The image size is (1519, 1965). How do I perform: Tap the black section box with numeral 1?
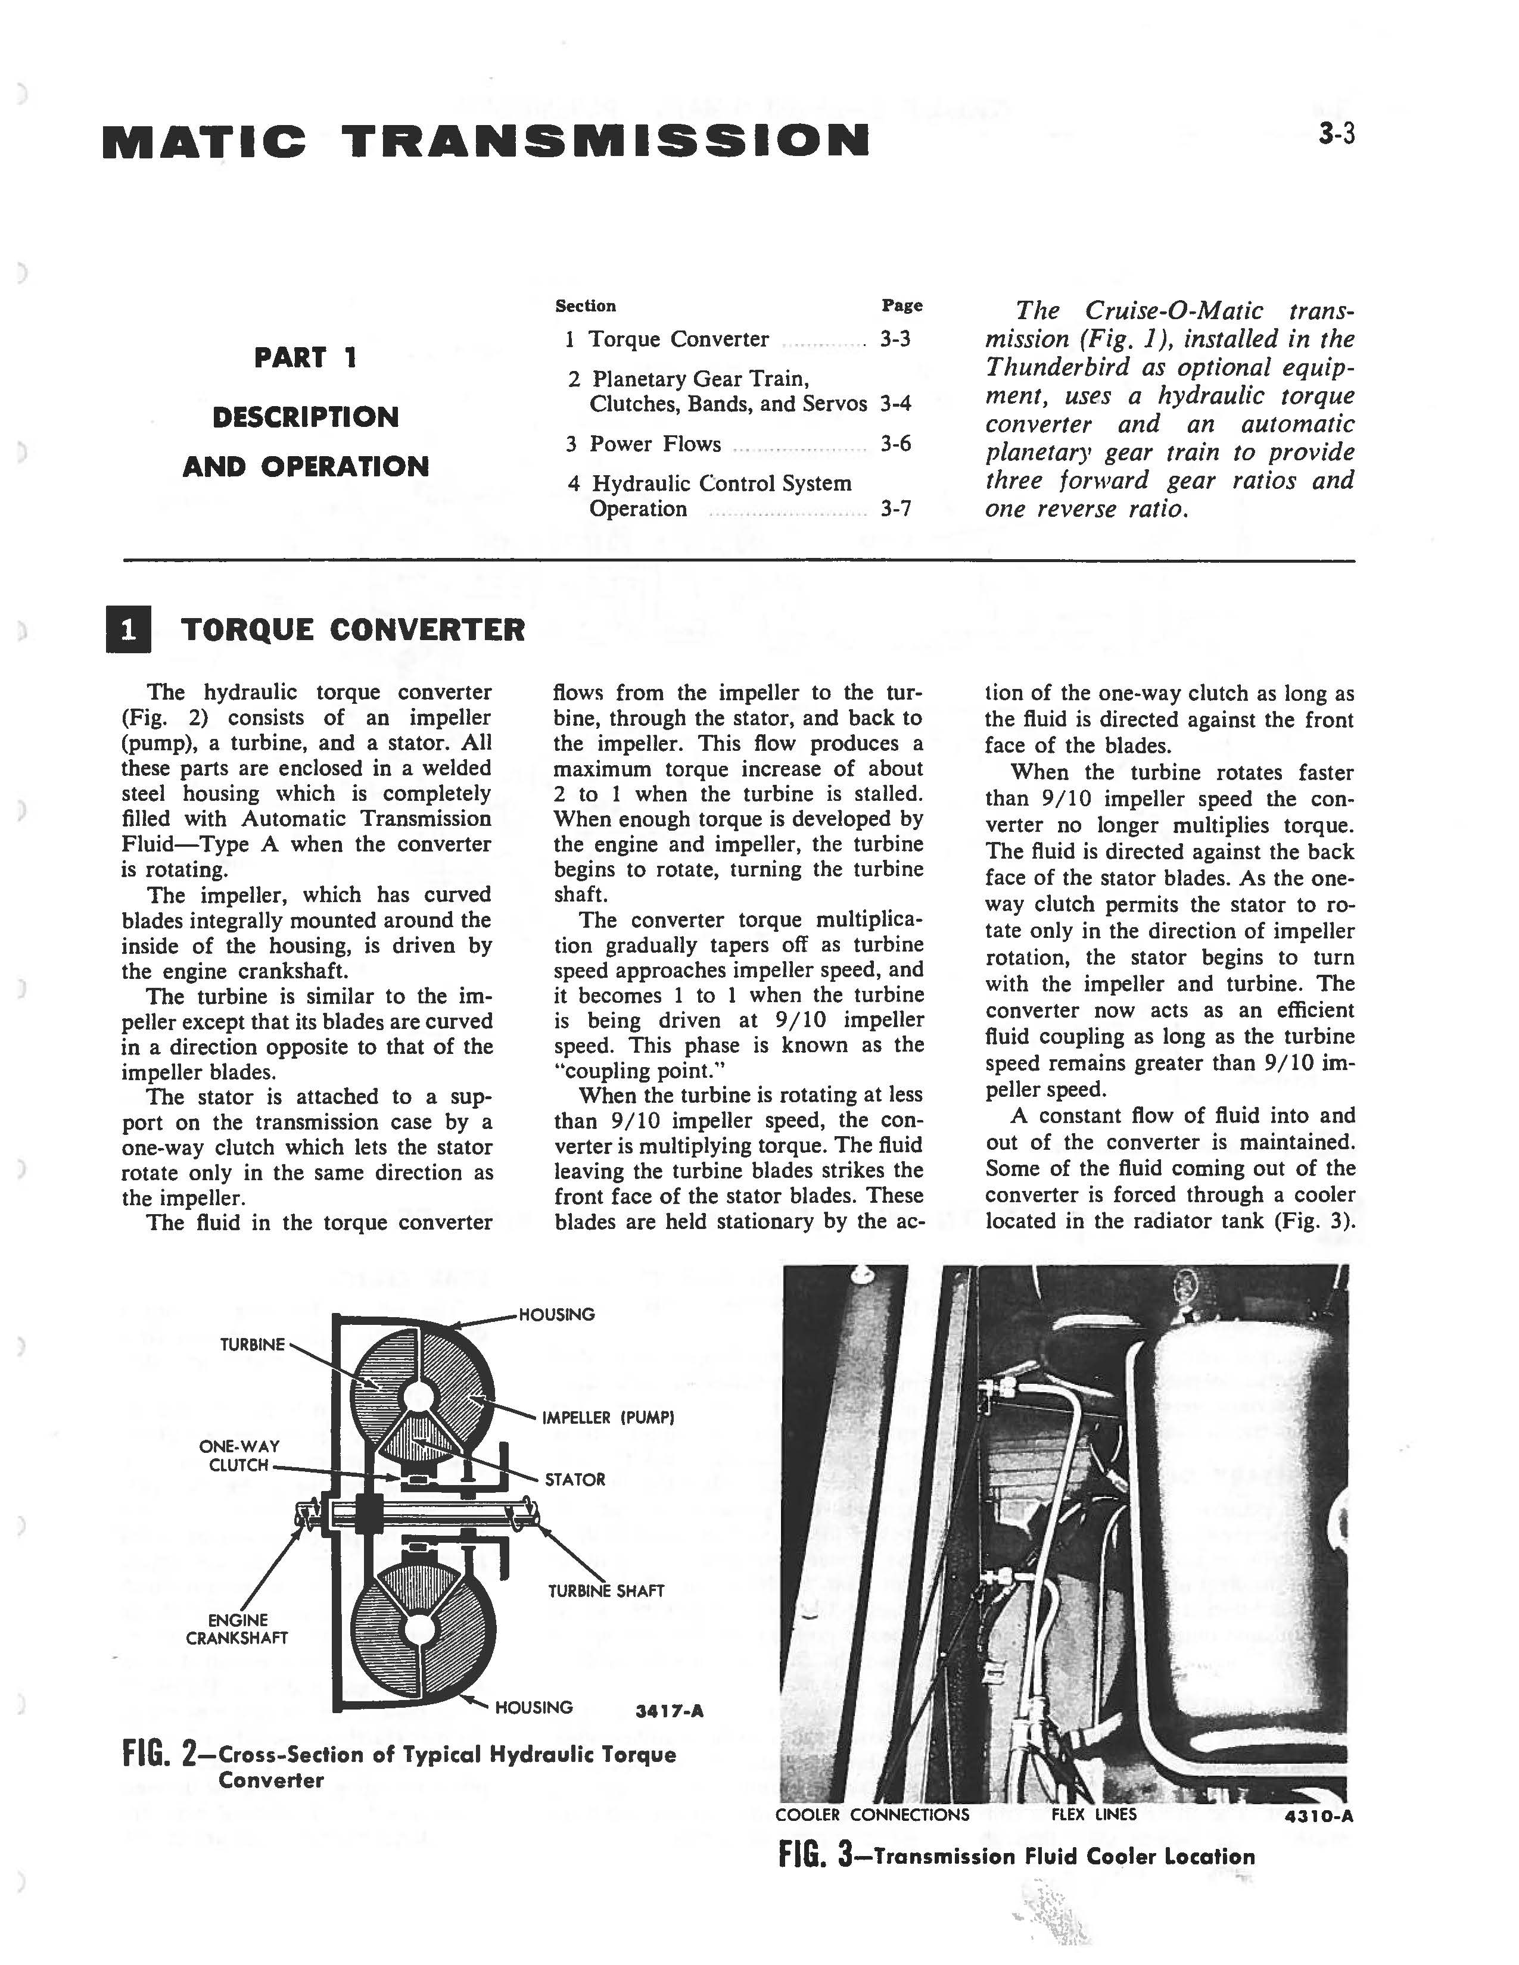click(x=128, y=630)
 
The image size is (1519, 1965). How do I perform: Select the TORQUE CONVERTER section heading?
click(x=353, y=630)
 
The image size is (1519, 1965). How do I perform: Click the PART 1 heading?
click(x=305, y=357)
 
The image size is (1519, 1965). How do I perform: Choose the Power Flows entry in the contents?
click(x=655, y=444)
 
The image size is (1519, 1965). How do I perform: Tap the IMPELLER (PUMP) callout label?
click(x=608, y=1418)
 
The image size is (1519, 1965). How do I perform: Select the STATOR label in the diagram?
click(x=574, y=1479)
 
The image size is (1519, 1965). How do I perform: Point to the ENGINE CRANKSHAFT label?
click(x=236, y=1629)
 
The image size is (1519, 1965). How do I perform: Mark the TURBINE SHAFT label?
click(x=606, y=1590)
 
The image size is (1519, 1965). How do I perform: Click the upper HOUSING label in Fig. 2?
click(x=556, y=1315)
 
